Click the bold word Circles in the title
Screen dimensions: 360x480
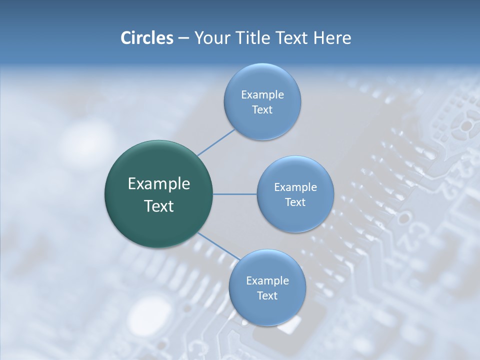[146, 37]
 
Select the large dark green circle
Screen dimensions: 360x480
[158, 194]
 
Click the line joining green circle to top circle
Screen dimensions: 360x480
[216, 142]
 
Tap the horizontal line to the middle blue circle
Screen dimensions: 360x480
[235, 194]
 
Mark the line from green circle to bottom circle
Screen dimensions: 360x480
[219, 246]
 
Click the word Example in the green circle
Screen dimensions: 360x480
[158, 184]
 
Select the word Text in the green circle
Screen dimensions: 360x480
[158, 206]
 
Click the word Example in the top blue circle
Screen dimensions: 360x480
[262, 95]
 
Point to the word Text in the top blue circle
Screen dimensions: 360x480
[262, 110]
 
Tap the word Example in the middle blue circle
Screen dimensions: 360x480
[295, 187]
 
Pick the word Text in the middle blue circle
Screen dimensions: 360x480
[295, 202]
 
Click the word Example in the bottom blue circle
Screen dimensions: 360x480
[267, 280]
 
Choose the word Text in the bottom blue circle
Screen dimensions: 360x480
[267, 295]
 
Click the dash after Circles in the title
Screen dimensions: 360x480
[183, 38]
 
